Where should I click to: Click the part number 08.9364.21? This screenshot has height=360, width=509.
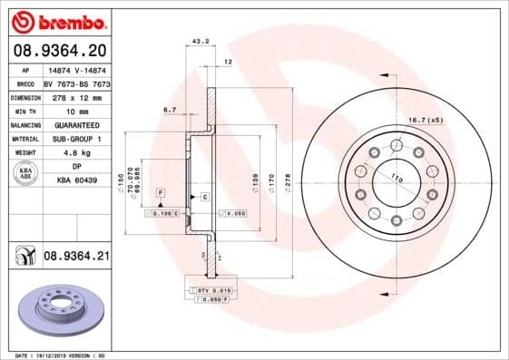point(76,258)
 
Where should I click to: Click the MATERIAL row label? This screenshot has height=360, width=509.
point(25,139)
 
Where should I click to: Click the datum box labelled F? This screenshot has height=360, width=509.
point(160,194)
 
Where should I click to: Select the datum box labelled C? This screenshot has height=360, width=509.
point(206,197)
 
